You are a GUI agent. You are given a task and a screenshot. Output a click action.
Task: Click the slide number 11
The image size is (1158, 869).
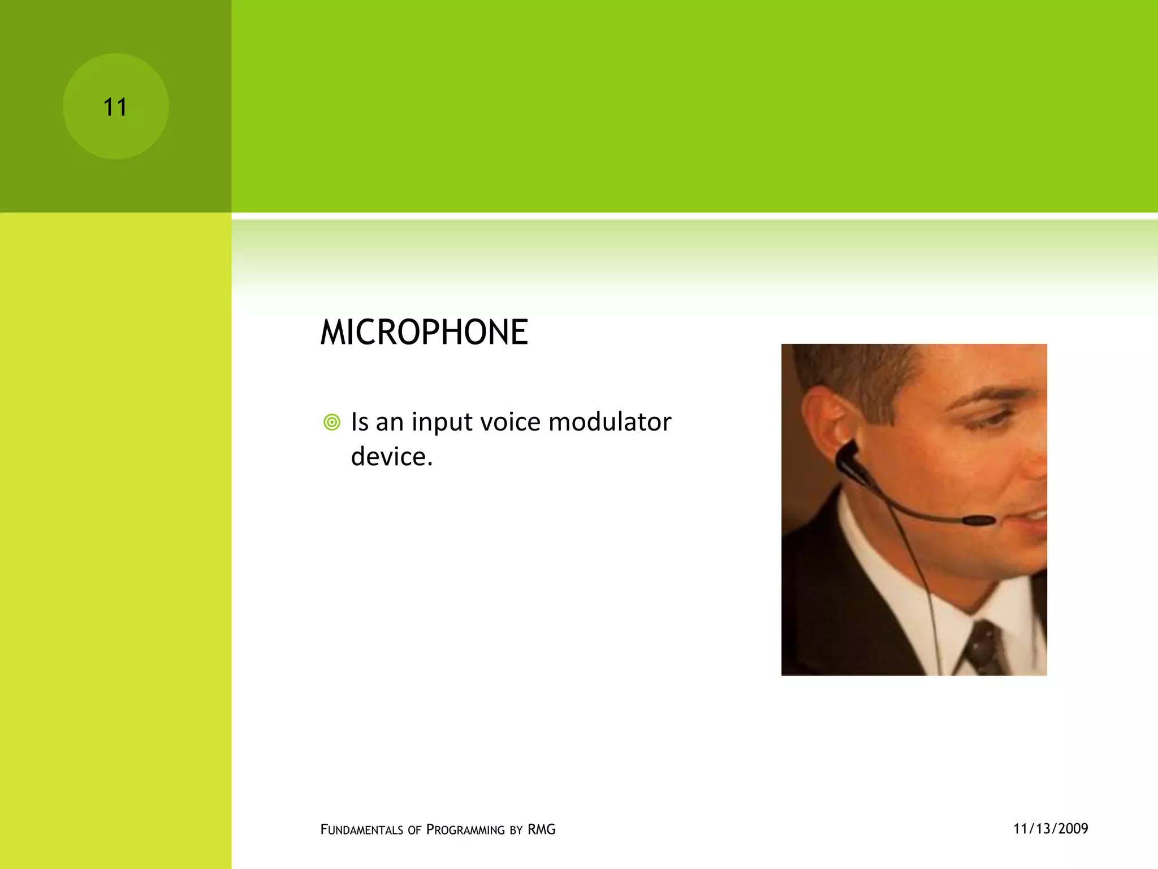pyautogui.click(x=115, y=107)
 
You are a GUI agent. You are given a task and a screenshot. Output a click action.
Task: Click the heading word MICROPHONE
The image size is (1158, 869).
pyautogui.click(x=424, y=332)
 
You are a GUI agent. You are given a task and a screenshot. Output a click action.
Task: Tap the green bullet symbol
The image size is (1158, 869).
pyautogui.click(x=332, y=422)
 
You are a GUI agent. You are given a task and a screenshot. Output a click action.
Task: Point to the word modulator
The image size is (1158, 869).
pyautogui.click(x=610, y=422)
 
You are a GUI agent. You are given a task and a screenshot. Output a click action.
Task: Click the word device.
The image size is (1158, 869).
pyautogui.click(x=391, y=457)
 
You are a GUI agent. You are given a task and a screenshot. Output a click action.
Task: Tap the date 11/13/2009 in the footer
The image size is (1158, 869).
pyautogui.click(x=1051, y=829)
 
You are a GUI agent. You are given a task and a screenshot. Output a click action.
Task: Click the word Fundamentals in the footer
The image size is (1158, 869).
pyautogui.click(x=362, y=829)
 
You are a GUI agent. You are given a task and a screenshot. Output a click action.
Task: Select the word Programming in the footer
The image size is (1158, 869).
pyautogui.click(x=465, y=829)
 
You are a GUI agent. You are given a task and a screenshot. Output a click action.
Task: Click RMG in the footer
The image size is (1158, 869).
pyautogui.click(x=541, y=829)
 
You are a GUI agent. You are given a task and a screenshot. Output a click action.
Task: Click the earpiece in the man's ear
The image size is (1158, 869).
pyautogui.click(x=848, y=455)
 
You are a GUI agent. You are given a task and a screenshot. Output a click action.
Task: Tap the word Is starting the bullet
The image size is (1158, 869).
pyautogui.click(x=359, y=422)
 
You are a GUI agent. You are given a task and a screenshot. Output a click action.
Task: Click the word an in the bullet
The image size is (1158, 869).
pyautogui.click(x=390, y=422)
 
